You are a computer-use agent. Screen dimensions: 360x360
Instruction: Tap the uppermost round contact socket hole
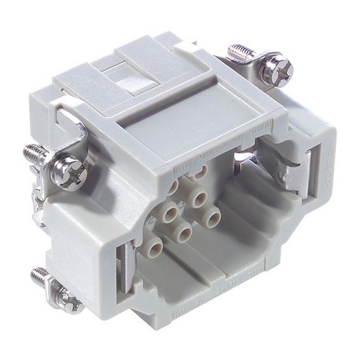point(202,171)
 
